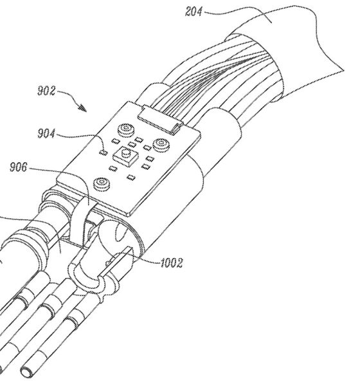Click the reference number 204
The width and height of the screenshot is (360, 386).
click(194, 12)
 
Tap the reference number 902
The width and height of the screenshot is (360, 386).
click(46, 91)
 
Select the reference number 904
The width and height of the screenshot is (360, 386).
click(46, 134)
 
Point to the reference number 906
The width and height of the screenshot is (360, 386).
click(19, 167)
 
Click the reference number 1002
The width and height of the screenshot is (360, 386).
click(172, 263)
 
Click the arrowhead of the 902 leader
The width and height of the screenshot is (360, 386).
click(83, 107)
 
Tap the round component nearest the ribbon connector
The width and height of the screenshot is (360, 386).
click(126, 130)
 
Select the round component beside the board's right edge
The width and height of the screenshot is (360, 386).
click(161, 144)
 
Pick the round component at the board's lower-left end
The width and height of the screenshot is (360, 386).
click(102, 183)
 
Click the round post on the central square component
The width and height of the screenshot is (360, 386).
click(125, 153)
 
